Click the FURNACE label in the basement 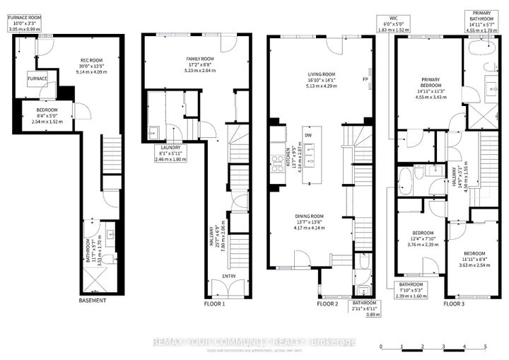coord(37,79)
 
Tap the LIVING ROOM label coord(322,73)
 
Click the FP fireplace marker coord(365,79)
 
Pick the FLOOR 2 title coord(328,304)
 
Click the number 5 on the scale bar coord(485,347)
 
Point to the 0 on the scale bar coord(380,347)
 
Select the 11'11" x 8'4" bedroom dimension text coord(474,260)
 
